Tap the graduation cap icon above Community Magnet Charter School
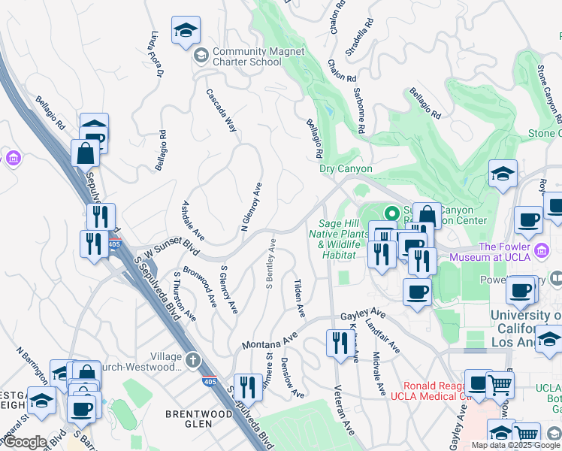click(186, 32)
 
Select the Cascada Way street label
click(222, 111)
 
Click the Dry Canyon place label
click(346, 169)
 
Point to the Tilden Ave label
click(299, 295)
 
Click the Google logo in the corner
click(26, 442)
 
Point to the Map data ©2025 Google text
click(515, 445)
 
